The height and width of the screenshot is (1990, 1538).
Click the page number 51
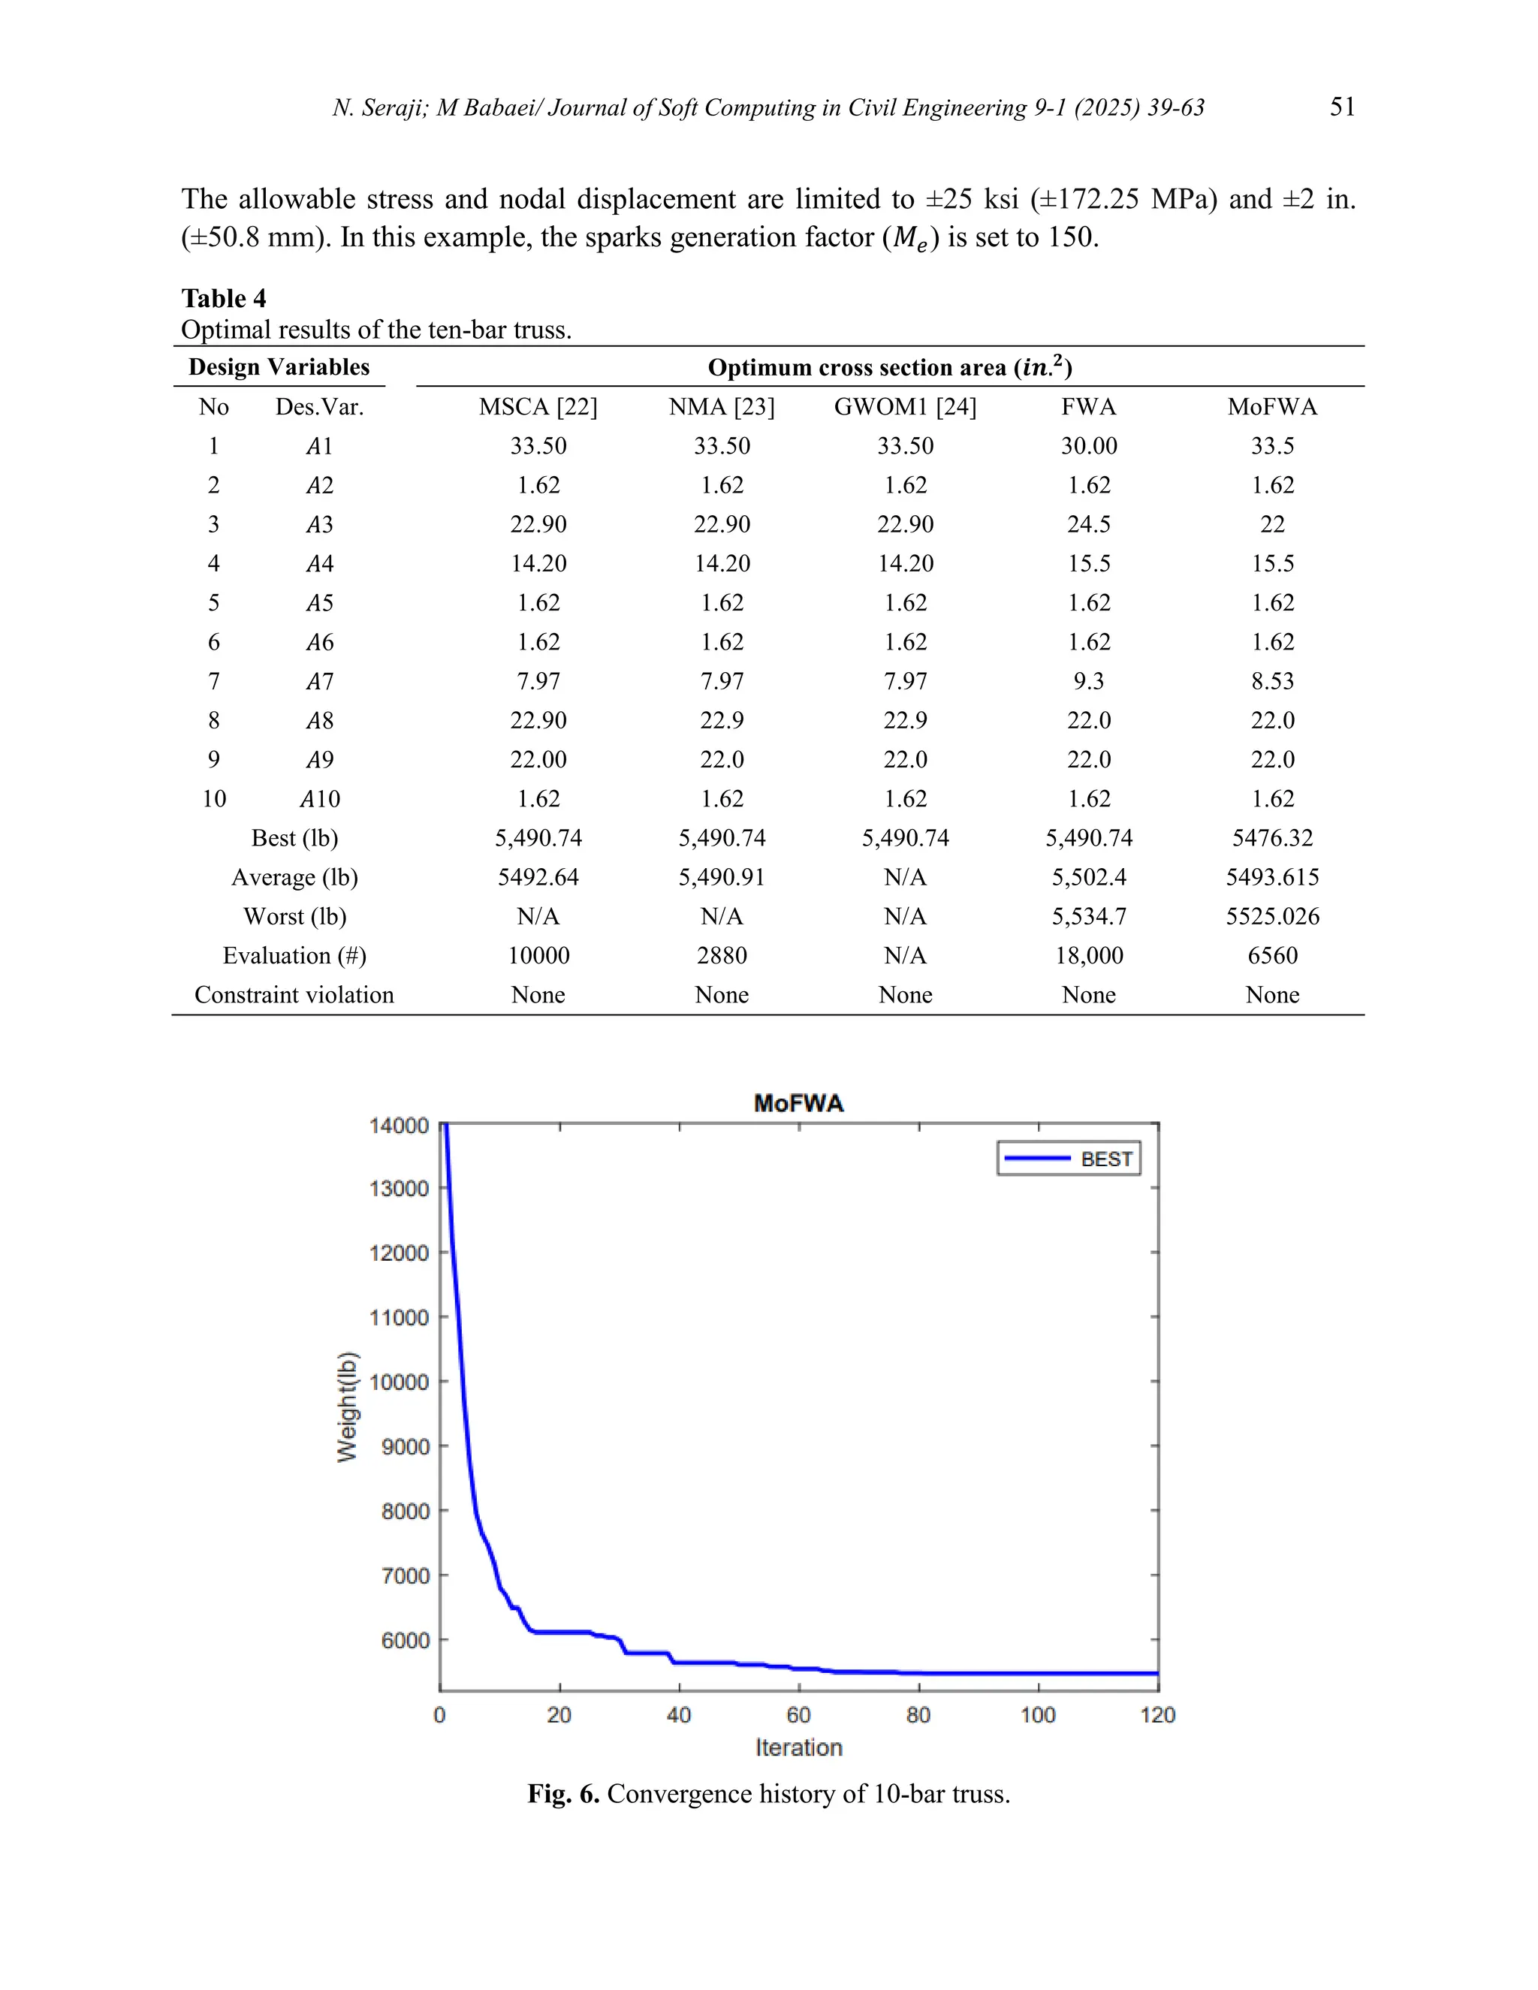coord(1342,107)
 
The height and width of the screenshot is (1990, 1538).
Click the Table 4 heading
coord(223,298)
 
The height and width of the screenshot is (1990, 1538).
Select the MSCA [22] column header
coord(538,406)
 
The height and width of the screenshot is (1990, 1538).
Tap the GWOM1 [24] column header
coord(905,406)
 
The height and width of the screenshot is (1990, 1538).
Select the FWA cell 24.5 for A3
coord(1089,524)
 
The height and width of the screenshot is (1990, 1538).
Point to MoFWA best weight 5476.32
coord(1272,837)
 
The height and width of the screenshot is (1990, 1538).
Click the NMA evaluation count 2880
coord(722,955)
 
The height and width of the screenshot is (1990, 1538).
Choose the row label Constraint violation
coord(294,994)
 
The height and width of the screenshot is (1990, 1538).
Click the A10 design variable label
coord(320,798)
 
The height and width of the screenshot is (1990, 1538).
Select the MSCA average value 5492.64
coord(538,876)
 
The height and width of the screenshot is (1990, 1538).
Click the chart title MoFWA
coord(798,1103)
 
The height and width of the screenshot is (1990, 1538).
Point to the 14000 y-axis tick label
coord(398,1126)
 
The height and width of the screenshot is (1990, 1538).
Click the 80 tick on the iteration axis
coord(918,1715)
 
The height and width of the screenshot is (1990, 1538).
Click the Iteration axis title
coord(798,1747)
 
